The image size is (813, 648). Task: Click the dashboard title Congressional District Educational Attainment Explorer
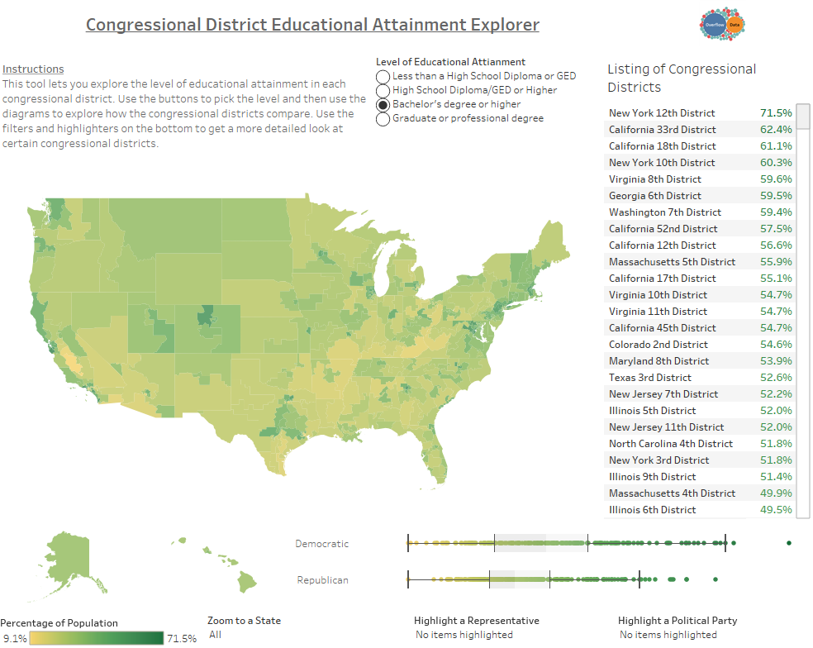click(312, 25)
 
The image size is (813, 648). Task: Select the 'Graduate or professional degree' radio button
click(383, 119)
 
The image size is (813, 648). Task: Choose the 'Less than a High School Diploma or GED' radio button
click(383, 76)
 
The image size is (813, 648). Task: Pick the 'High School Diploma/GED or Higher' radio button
click(383, 90)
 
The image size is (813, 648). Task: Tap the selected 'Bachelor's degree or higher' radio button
click(383, 105)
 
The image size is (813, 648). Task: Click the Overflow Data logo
click(722, 26)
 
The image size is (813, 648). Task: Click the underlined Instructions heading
click(33, 69)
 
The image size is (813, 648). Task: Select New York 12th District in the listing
click(662, 113)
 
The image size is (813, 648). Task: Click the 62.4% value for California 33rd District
click(775, 130)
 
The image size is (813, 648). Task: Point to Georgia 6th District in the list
click(655, 196)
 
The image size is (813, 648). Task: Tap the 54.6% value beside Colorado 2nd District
click(775, 345)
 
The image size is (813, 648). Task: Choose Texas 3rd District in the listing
click(650, 378)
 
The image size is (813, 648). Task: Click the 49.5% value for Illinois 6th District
click(775, 510)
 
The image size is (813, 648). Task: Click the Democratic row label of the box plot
click(321, 544)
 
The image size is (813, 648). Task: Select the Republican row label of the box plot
click(322, 580)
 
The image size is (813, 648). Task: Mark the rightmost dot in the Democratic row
click(789, 543)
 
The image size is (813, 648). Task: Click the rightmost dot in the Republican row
click(715, 579)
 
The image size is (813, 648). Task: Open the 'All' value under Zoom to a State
click(216, 635)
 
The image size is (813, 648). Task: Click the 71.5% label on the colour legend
click(181, 638)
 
